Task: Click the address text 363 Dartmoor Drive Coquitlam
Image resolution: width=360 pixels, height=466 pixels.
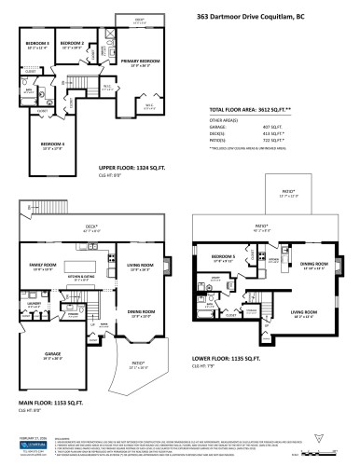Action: coord(270,16)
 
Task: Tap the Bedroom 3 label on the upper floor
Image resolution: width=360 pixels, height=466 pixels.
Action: coord(37,44)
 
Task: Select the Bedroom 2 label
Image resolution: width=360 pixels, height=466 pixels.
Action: coord(73,43)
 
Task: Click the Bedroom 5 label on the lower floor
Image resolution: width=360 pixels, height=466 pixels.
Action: coord(222,255)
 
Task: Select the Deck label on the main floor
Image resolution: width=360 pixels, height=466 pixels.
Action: coord(91,226)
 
